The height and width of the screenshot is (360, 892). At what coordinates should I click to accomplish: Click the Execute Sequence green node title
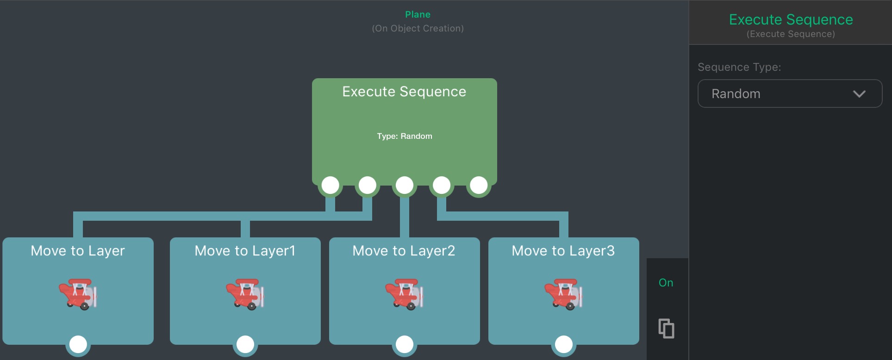pyautogui.click(x=404, y=92)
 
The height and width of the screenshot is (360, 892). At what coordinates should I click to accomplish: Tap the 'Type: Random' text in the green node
pyautogui.click(x=405, y=136)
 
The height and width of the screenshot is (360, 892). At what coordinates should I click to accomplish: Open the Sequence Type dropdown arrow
pyautogui.click(x=859, y=94)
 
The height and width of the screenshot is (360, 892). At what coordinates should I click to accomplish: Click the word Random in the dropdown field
pyautogui.click(x=736, y=94)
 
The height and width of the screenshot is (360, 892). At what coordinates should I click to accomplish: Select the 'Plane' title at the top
pyautogui.click(x=418, y=15)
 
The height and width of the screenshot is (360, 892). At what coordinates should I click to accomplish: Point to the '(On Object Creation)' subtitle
pyautogui.click(x=418, y=28)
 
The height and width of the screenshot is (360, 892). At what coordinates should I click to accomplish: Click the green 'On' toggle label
pyautogui.click(x=666, y=283)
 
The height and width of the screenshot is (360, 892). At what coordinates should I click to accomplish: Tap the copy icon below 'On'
pyautogui.click(x=666, y=329)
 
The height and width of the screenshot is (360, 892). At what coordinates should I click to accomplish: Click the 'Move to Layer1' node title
pyautogui.click(x=245, y=251)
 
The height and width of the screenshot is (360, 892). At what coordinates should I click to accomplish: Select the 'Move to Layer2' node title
pyautogui.click(x=404, y=251)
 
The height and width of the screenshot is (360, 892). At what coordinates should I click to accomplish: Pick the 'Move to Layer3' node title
pyautogui.click(x=563, y=251)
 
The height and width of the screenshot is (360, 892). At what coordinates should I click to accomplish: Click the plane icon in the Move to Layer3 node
pyautogui.click(x=563, y=294)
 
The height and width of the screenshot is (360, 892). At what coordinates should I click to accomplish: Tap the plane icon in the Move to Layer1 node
pyautogui.click(x=245, y=294)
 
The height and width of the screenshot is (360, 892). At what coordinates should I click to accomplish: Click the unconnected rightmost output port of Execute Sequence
pyautogui.click(x=479, y=185)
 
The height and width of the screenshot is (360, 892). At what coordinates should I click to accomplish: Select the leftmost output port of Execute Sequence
pyautogui.click(x=330, y=185)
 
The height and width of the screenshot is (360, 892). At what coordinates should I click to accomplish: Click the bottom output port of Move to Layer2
pyautogui.click(x=405, y=344)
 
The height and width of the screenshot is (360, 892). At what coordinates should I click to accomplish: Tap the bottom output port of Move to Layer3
pyautogui.click(x=563, y=344)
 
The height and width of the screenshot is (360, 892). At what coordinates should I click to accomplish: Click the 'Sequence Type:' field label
pyautogui.click(x=739, y=67)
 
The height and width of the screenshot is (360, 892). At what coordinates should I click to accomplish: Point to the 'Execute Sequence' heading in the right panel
pyautogui.click(x=791, y=19)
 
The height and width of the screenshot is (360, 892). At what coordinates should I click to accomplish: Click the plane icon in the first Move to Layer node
pyautogui.click(x=78, y=294)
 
